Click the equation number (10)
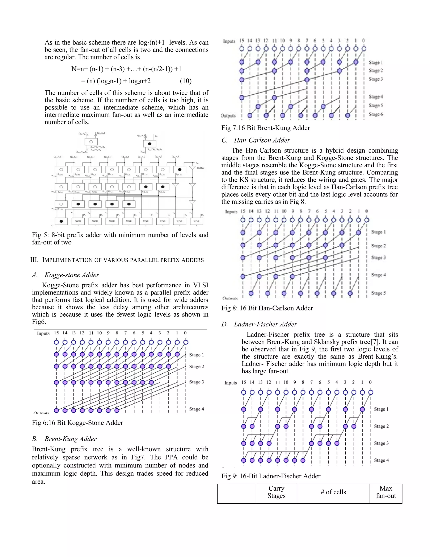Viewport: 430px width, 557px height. pos(185,81)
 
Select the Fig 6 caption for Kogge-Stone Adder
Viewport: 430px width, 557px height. pos(77,423)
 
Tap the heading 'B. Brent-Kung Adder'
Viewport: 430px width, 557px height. pos(64,439)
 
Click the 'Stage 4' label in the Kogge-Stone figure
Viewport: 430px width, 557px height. pos(196,409)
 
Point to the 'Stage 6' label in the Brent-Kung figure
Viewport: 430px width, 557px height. pos(376,114)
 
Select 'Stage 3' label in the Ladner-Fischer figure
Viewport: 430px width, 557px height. pos(381,443)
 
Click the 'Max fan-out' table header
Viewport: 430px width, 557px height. pos(386,492)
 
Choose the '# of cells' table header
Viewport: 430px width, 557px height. pos(333,492)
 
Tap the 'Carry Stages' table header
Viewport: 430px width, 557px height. pos(276,492)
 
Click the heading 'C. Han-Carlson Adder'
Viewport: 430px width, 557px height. pos(256,140)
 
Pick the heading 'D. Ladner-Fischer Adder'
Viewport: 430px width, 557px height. pos(259,324)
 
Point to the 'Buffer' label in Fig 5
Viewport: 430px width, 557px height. pos(200,168)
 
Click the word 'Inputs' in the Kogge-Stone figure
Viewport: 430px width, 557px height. pos(43,333)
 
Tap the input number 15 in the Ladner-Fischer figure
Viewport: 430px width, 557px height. pos(244,382)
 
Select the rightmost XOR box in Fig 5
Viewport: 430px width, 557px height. pos(196,221)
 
